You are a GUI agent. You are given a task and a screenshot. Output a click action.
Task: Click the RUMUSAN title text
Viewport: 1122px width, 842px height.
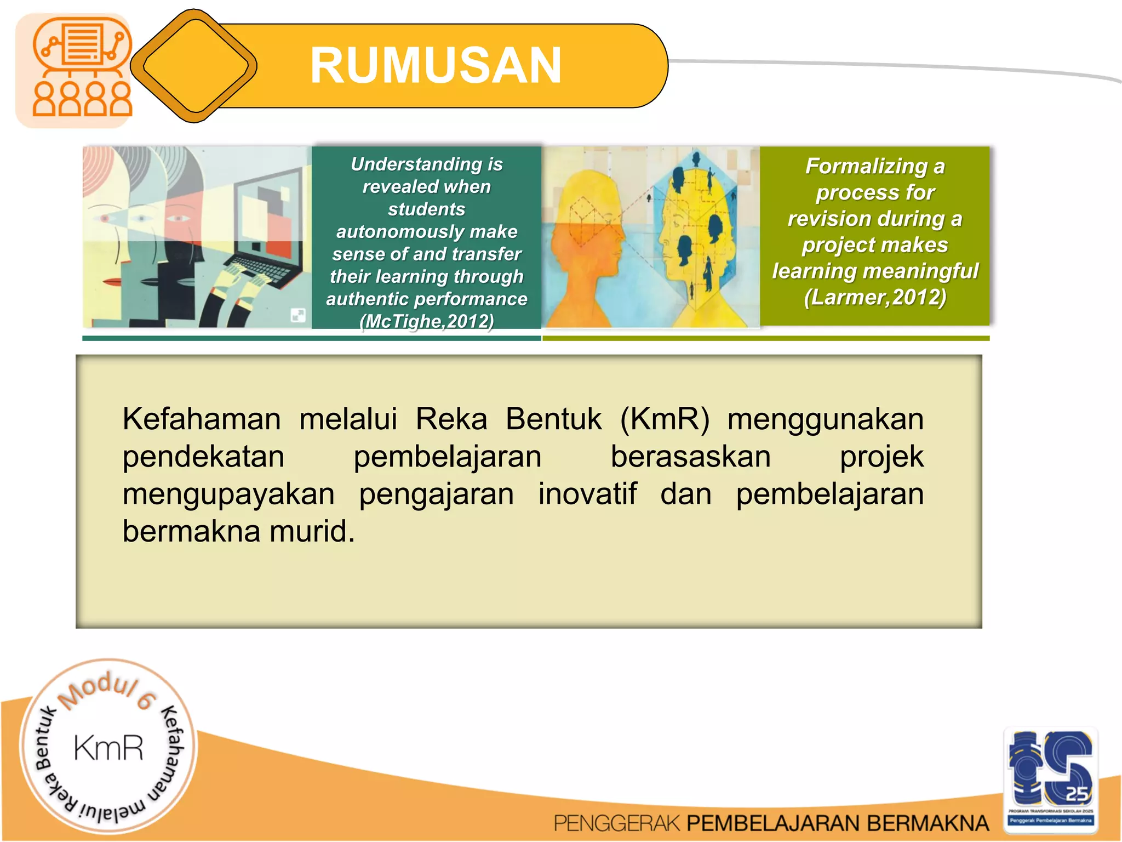click(x=436, y=66)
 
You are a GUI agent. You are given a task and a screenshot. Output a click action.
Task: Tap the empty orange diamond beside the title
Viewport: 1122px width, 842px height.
click(x=195, y=66)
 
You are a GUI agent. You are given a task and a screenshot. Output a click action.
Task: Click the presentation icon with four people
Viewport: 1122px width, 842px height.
click(x=81, y=69)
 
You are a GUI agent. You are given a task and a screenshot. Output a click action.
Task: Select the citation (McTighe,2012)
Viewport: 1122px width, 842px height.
click(x=426, y=321)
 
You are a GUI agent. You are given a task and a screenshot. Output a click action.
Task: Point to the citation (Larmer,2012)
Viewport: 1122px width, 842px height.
click(x=875, y=297)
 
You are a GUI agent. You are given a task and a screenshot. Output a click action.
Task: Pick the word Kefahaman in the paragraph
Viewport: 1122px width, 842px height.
click(x=202, y=419)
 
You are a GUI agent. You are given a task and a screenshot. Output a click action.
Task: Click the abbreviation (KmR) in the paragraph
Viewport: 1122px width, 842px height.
click(x=664, y=419)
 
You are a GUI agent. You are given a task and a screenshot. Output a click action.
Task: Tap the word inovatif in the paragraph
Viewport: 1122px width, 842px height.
click(x=587, y=494)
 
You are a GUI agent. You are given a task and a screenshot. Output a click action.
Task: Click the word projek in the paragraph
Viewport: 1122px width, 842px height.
click(x=881, y=457)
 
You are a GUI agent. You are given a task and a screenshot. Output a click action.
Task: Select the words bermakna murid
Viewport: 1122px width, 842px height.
click(x=238, y=532)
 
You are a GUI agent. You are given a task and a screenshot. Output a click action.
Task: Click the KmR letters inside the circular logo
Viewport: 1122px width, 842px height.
click(x=108, y=748)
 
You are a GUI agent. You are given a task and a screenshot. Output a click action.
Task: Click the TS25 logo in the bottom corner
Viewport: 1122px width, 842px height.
click(x=1051, y=776)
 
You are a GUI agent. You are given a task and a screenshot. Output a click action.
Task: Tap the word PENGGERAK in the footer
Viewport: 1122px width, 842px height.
click(x=616, y=823)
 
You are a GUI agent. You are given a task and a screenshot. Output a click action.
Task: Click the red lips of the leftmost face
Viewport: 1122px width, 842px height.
click(x=113, y=281)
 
